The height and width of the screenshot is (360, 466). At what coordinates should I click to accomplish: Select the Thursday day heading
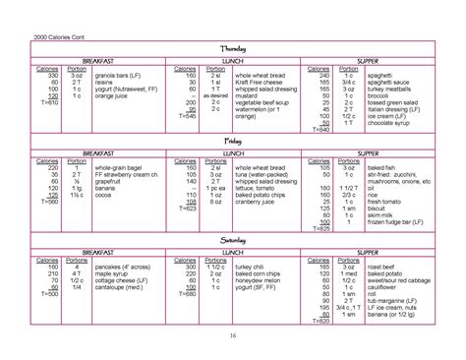[232, 49]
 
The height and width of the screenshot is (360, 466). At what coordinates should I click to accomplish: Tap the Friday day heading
[232, 143]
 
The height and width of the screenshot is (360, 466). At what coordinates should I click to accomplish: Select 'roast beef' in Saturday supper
[385, 266]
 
